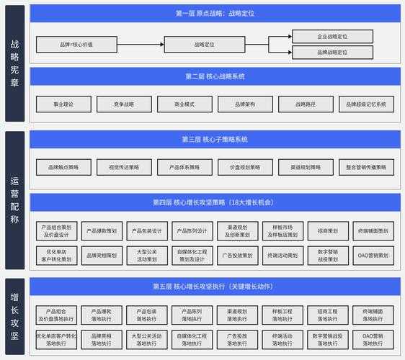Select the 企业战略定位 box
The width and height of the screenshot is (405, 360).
tap(332, 36)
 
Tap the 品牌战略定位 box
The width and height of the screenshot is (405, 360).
tap(332, 53)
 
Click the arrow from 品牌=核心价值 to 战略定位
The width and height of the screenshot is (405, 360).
tap(140, 45)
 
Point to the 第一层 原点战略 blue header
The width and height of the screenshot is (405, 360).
tap(215, 14)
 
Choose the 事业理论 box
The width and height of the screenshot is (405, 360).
tap(63, 104)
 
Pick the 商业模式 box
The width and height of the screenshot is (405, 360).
tap(184, 104)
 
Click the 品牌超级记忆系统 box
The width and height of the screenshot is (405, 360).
tap(366, 104)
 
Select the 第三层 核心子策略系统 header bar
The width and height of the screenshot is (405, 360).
tap(215, 139)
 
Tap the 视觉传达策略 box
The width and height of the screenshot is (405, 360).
tap(124, 167)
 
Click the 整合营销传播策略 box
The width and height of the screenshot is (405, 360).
tap(366, 167)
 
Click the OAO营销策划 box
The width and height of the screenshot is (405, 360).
tap(373, 255)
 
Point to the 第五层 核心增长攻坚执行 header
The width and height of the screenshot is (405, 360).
tap(215, 287)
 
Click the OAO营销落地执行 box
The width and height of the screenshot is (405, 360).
tap(373, 339)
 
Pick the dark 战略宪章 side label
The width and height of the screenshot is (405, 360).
tap(15, 63)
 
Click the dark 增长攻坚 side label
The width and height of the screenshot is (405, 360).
tap(15, 315)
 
